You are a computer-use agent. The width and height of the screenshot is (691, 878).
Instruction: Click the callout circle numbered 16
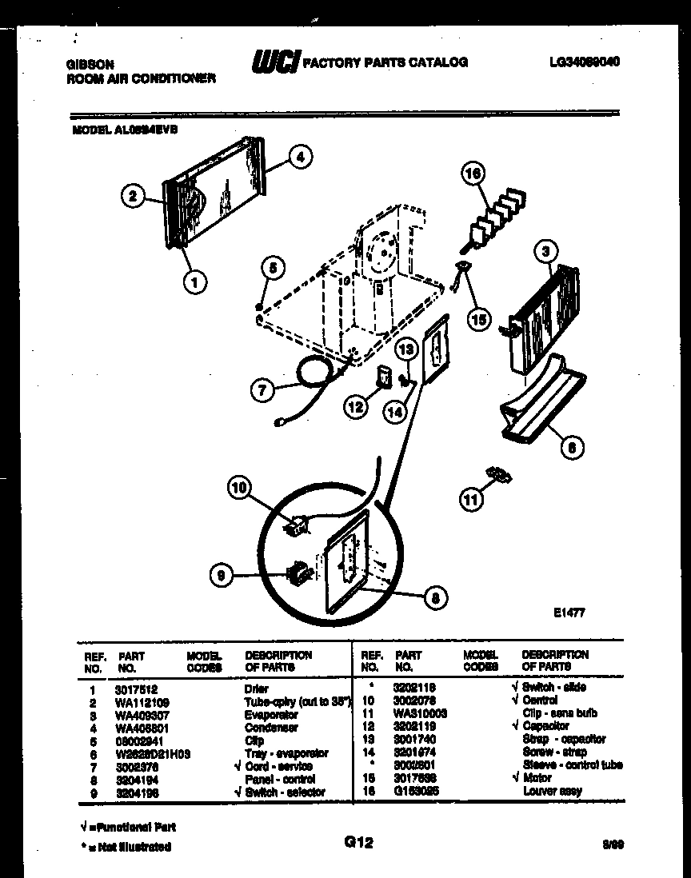[473, 173]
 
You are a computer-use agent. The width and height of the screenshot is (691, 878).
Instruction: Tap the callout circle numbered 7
[261, 390]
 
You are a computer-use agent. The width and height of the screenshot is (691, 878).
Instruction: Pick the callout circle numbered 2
[133, 194]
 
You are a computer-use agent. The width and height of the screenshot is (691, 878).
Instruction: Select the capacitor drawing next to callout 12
[384, 376]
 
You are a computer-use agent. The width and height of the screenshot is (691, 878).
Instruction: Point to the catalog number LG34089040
[585, 62]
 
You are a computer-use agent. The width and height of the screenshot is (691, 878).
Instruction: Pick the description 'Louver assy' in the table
[552, 791]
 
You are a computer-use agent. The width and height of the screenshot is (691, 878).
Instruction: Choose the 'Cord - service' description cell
[279, 765]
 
